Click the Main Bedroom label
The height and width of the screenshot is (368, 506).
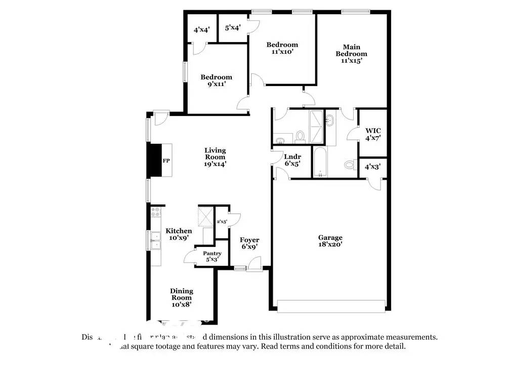pos(351,54)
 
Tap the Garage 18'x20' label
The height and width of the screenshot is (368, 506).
pos(330,241)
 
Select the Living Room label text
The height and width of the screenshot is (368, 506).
pos(215,156)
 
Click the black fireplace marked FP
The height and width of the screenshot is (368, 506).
pos(154,160)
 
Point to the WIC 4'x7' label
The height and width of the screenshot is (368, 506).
pos(373,134)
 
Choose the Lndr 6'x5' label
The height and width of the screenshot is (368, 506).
pos(292,160)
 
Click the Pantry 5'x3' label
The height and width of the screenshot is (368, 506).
pos(212,256)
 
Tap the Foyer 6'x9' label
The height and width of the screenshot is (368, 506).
pos(249,243)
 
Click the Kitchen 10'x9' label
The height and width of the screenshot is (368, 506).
pos(179,234)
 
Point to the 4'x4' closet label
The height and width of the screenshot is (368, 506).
pos(202,30)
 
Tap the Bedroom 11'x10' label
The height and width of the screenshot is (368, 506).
pos(282,48)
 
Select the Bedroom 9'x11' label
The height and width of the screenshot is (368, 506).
pos(216,80)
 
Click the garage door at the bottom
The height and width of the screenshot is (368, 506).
pos(331,306)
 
